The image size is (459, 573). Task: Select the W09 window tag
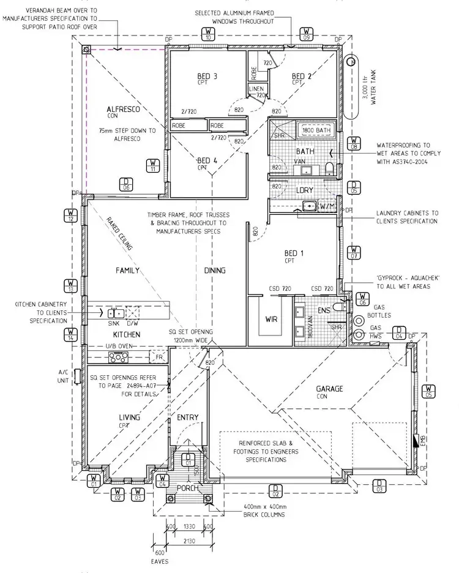[307, 34]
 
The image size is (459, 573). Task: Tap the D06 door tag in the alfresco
[126, 184]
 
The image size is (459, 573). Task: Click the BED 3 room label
[207, 77]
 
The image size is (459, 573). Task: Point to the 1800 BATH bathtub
[316, 130]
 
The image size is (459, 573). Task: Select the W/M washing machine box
[327, 207]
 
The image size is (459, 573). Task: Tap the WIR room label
[272, 319]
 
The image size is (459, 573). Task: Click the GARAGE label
[329, 388]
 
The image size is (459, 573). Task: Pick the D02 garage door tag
[275, 490]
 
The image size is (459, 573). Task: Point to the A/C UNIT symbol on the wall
[77, 375]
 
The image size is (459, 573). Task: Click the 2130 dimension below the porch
[188, 541]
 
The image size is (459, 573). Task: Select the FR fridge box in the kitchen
[160, 356]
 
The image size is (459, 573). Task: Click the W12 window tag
[71, 215]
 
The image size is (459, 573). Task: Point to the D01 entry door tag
[188, 459]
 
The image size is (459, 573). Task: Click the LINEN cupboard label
[255, 89]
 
